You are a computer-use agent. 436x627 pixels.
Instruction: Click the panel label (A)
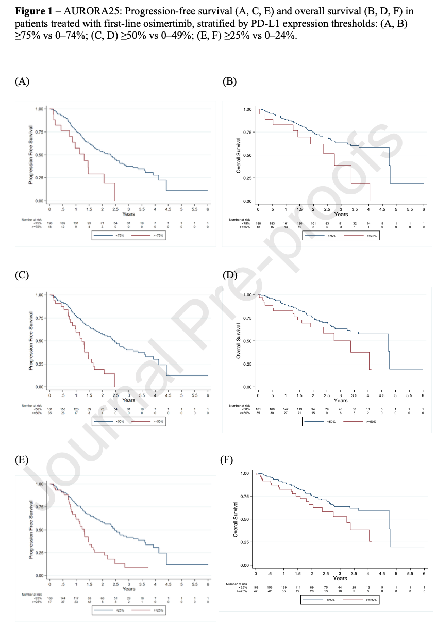pyautogui.click(x=22, y=80)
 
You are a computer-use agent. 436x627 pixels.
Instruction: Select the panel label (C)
pyautogui.click(x=22, y=275)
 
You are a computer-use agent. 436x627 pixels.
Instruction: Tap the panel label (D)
pyautogui.click(x=229, y=275)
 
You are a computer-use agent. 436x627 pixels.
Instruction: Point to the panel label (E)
pyautogui.click(x=22, y=460)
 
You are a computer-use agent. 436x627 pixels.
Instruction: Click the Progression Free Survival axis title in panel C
pyautogui.click(x=31, y=341)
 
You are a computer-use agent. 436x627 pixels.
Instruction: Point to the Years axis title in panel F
pyautogui.click(x=340, y=578)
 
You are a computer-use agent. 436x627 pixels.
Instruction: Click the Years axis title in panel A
pyautogui.click(x=129, y=213)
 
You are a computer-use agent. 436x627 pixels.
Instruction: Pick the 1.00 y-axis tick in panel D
pyautogui.click(x=248, y=295)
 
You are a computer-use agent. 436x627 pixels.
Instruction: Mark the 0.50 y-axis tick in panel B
pyautogui.click(x=248, y=155)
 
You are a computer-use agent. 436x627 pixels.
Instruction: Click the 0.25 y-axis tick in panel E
pyautogui.click(x=39, y=553)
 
